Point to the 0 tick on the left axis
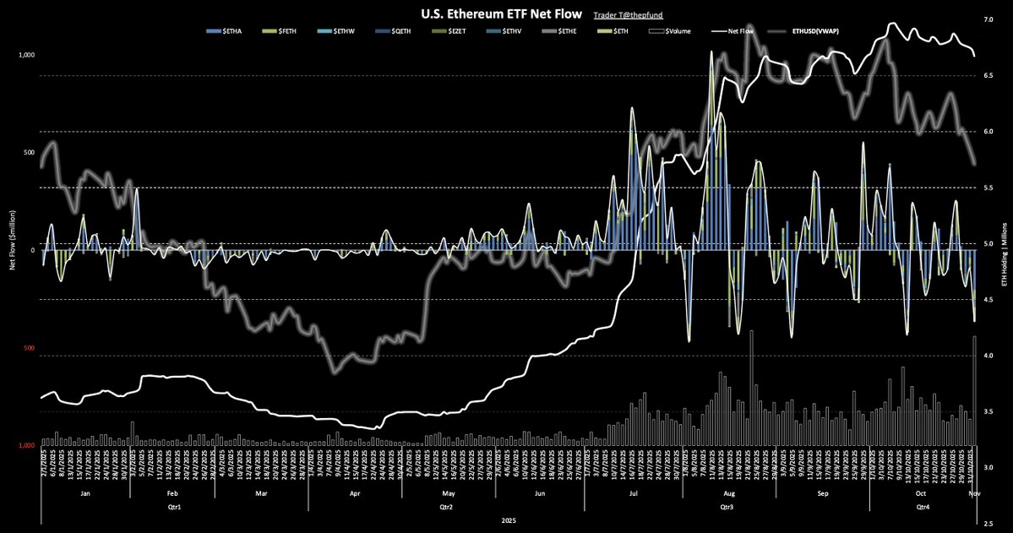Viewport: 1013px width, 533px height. [32, 250]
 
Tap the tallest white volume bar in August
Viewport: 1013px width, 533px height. [751, 389]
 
